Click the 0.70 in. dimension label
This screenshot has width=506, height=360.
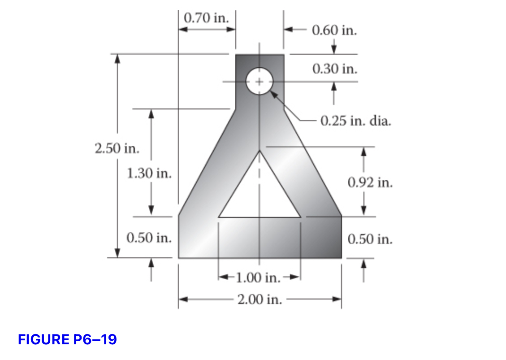pos(207,18)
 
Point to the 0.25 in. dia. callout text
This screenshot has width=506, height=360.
pos(356,121)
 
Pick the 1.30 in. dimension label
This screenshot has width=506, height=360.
pos(149,173)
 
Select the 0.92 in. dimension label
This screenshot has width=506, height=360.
pos(370,182)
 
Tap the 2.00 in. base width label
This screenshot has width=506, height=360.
pos(260,299)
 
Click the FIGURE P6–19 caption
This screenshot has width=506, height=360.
pos(67,339)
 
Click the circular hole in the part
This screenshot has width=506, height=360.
pos(259,82)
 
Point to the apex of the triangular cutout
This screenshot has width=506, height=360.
pos(259,152)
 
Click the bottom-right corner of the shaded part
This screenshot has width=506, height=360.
pos(341,258)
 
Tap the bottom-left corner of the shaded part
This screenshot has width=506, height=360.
pos(179,258)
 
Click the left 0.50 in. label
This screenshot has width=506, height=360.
pos(149,238)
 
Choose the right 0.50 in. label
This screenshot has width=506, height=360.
pos(370,239)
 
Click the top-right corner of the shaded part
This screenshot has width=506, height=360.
pos(284,55)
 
